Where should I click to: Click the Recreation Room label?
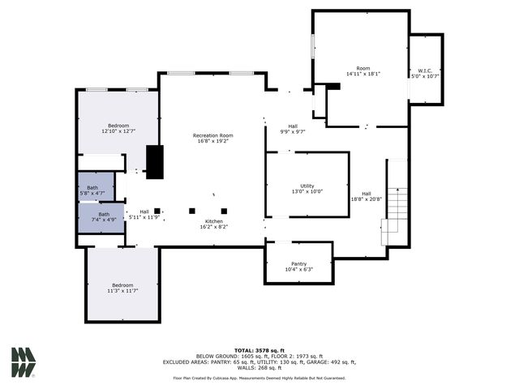click(212, 135)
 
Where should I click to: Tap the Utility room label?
click(307, 186)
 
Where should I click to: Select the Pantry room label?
click(298, 264)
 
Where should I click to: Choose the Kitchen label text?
click(213, 221)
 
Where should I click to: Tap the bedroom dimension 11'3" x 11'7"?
click(122, 290)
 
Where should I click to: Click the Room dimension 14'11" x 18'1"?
click(362, 74)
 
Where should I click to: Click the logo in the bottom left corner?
click(24, 362)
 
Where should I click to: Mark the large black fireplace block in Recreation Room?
click(154, 161)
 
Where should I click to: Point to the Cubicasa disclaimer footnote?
click(259, 378)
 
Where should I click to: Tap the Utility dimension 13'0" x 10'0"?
click(307, 192)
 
